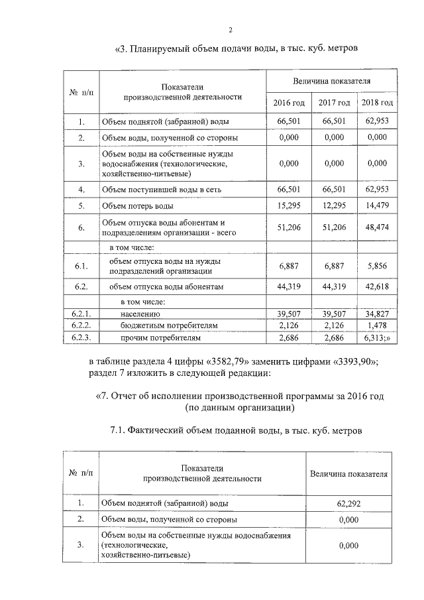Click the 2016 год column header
coord(289,103)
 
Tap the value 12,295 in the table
coord(334,206)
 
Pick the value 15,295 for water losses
coord(289,206)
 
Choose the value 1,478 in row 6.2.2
coord(376,326)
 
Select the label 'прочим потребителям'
coord(160,338)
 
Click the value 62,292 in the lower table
coord(348,503)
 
